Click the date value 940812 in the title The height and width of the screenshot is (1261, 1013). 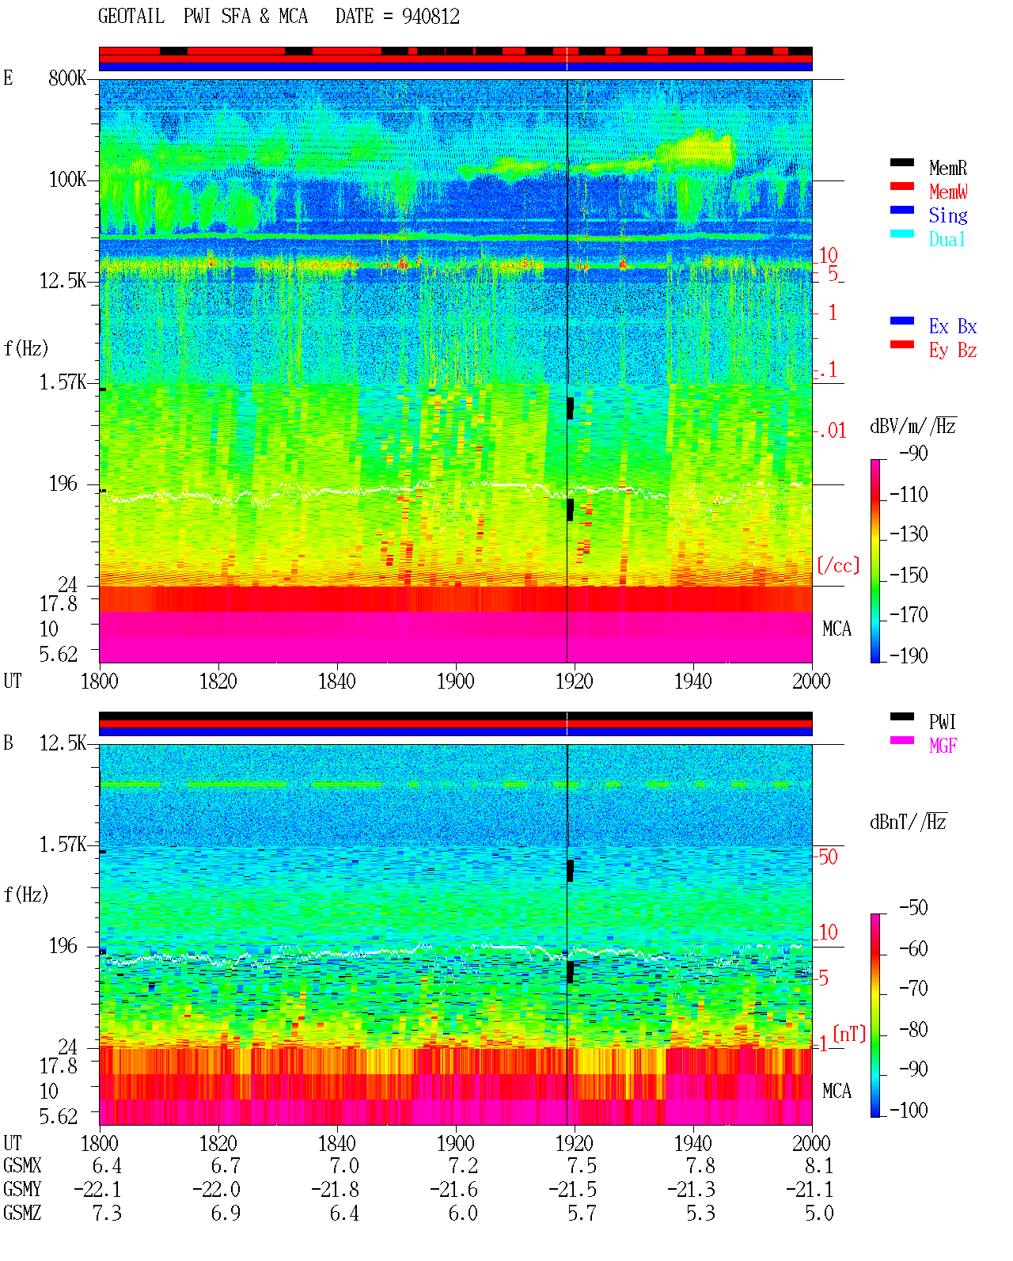[431, 17]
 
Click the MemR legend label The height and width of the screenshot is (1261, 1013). [948, 168]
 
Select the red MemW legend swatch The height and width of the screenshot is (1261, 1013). [901, 186]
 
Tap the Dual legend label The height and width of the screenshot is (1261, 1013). [947, 239]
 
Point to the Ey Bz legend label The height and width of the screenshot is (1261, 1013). [953, 350]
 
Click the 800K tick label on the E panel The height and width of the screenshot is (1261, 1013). [67, 78]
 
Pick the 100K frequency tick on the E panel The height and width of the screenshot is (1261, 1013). [67, 180]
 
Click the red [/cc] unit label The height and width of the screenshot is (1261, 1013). [838, 565]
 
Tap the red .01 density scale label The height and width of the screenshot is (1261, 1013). [832, 431]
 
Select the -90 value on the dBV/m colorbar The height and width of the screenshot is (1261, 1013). [913, 453]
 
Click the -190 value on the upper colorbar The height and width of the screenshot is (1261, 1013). [909, 655]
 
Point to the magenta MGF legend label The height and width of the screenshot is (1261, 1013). [943, 746]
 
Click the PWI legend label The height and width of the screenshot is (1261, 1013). [942, 722]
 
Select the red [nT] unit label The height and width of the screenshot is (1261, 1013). [849, 1033]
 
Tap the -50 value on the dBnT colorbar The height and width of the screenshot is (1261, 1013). [913, 908]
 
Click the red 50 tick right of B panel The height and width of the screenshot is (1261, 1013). [828, 856]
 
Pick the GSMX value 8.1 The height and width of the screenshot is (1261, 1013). [819, 1166]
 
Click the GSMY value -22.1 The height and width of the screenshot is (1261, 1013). [97, 1190]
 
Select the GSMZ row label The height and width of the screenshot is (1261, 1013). [22, 1213]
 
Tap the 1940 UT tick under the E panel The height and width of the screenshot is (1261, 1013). [693, 682]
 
